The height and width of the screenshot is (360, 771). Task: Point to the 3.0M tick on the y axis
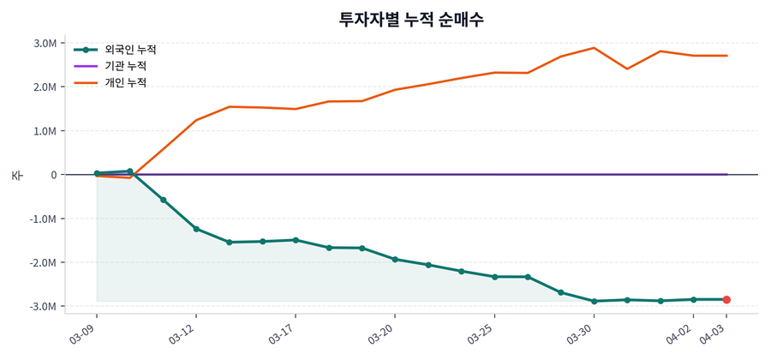[x=45, y=44]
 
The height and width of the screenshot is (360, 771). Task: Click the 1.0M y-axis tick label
[x=45, y=131]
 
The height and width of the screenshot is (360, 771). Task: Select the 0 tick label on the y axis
[x=53, y=175]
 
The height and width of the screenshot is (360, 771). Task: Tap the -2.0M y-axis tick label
[x=44, y=262]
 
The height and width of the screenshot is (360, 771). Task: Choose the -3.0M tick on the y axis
[x=44, y=306]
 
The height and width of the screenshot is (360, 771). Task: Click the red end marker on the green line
[x=726, y=299]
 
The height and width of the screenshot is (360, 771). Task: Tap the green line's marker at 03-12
[x=196, y=229]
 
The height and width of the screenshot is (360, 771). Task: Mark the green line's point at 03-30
[x=595, y=301]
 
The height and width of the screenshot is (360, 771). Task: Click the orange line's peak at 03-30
[x=595, y=48]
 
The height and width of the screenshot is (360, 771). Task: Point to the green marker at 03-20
[x=395, y=259]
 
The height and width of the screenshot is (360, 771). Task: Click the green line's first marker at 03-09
[x=97, y=173]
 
